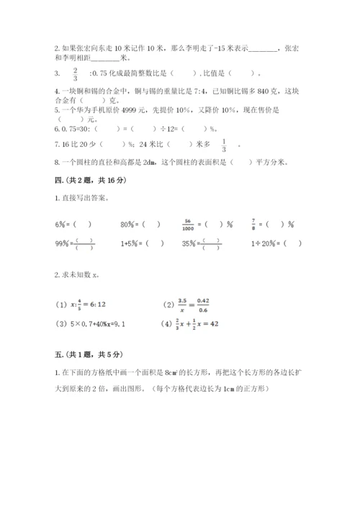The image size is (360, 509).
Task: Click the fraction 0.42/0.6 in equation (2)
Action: pos(223,305)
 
